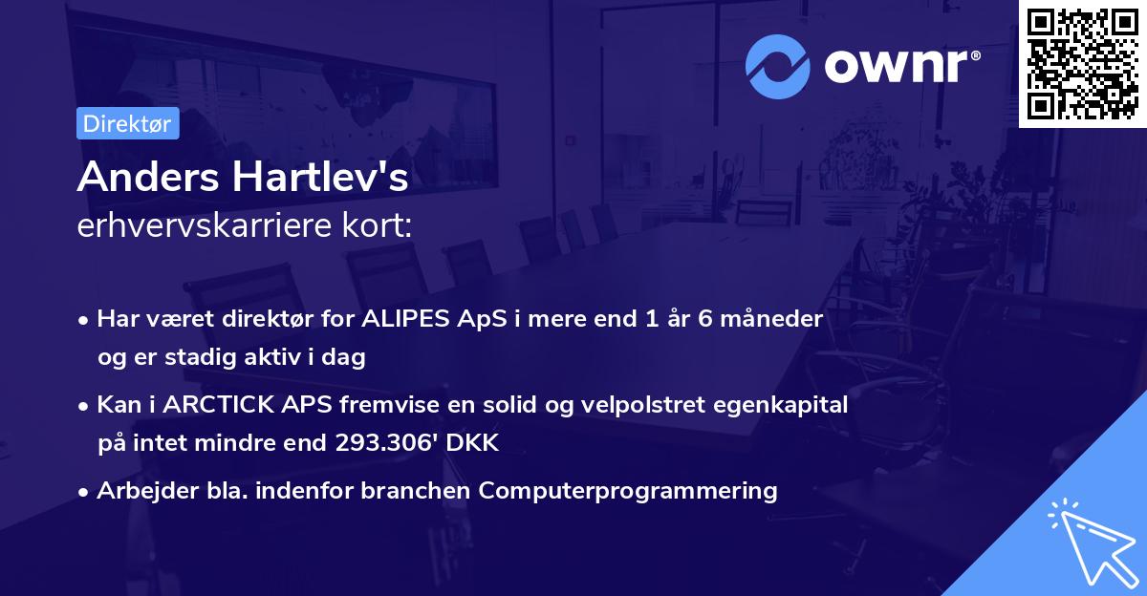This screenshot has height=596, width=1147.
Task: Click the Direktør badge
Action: point(127,123)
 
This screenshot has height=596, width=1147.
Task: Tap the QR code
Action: point(1082,63)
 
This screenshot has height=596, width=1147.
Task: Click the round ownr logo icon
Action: point(778,66)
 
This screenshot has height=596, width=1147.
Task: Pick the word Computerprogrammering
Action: point(628,491)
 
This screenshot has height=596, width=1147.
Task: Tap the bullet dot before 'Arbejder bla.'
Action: point(84,492)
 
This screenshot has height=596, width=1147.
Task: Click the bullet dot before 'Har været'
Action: point(84,320)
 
